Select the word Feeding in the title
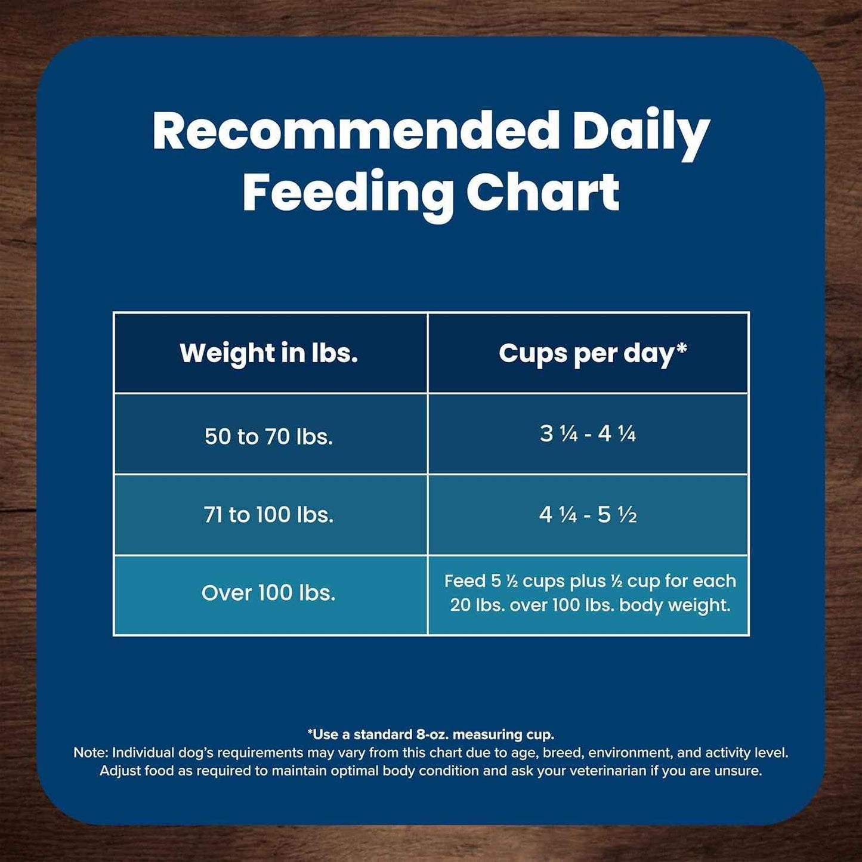pyautogui.click(x=347, y=193)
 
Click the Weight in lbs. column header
pyautogui.click(x=269, y=353)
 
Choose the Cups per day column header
pyautogui.click(x=588, y=353)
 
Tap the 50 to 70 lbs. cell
pyautogui.click(x=268, y=436)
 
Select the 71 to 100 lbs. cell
pyautogui.click(x=268, y=514)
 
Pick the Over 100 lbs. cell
pyautogui.click(x=268, y=593)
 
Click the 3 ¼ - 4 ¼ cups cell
pyautogui.click(x=588, y=434)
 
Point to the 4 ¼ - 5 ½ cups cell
pyautogui.click(x=588, y=514)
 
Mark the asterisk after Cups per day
pyautogui.click(x=681, y=348)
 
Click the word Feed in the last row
pyautogui.click(x=465, y=581)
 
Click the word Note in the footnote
pyautogui.click(x=90, y=753)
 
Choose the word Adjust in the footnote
pyautogui.click(x=118, y=771)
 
